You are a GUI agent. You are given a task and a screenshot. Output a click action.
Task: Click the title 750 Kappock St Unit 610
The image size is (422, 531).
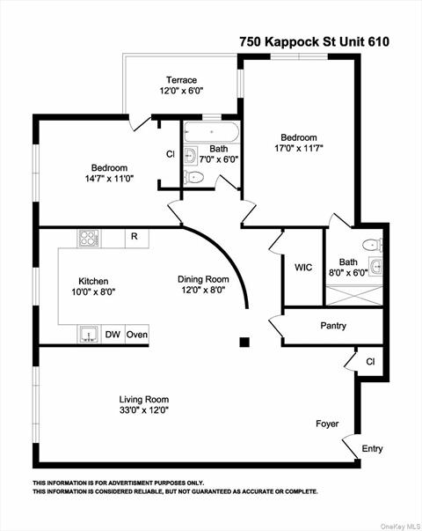click(x=314, y=41)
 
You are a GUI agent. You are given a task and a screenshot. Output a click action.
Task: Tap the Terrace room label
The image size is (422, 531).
click(x=181, y=79)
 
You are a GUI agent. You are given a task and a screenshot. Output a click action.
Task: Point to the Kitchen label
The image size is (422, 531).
click(x=93, y=279)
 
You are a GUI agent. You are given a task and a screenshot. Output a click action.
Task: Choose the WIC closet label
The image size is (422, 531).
click(x=303, y=267)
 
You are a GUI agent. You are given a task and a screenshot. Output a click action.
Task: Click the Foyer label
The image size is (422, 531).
click(x=327, y=424)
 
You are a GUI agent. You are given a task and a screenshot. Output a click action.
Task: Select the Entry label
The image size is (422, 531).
click(x=372, y=448)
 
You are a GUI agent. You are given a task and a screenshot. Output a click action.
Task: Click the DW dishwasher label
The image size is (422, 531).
click(x=113, y=335)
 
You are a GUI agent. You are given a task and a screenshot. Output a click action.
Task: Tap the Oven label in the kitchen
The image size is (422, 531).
click(x=137, y=335)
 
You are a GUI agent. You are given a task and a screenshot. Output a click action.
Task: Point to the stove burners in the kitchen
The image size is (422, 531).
click(x=89, y=237)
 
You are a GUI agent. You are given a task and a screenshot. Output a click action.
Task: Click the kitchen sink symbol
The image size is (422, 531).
click(x=89, y=334)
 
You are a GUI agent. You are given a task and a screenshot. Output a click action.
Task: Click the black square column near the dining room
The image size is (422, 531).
click(x=245, y=342)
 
